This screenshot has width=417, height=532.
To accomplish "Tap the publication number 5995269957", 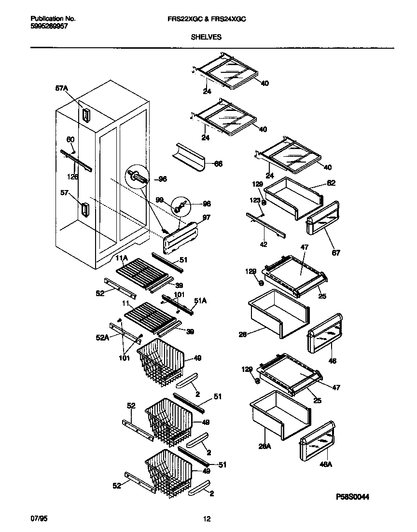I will [x=47, y=27].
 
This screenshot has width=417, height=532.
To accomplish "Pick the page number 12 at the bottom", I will [x=207, y=519].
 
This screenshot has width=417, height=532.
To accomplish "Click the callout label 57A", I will [x=62, y=89].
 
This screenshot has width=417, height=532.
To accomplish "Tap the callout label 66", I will [x=218, y=164].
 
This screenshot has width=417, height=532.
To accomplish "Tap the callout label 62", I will [x=331, y=183].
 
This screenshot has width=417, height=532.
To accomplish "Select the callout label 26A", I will [x=265, y=447].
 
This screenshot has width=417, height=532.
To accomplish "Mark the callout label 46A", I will [x=326, y=464].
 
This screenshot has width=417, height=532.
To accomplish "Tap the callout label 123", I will [x=255, y=199].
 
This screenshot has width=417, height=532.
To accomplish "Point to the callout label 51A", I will [x=200, y=300].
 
